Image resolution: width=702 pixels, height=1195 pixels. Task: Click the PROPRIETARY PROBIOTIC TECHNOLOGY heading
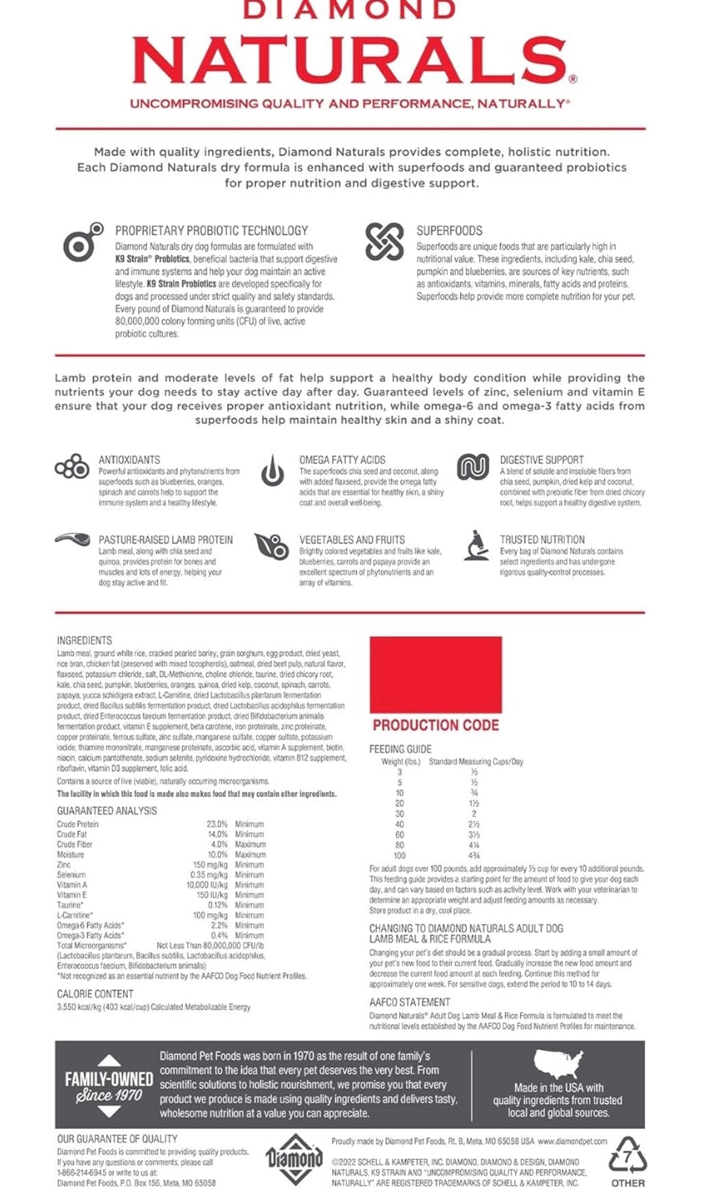[211, 230]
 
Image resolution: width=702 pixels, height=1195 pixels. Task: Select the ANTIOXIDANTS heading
[129, 460]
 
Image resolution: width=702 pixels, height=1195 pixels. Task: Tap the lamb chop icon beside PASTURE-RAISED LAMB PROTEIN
[72, 539]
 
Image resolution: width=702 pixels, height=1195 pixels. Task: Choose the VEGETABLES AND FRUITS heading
[351, 539]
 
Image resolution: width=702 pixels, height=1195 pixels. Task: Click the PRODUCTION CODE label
[436, 725]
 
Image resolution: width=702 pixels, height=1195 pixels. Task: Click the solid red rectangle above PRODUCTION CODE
[436, 674]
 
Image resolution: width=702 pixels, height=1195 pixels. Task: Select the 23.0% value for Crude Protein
[217, 824]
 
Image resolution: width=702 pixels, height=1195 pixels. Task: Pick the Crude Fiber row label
[74, 844]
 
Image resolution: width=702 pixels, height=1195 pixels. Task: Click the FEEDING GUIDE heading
[400, 749]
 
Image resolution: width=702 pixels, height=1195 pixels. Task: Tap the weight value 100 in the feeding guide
[399, 855]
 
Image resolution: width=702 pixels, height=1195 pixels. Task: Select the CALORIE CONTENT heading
[95, 994]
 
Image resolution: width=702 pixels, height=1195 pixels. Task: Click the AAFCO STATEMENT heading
[409, 1002]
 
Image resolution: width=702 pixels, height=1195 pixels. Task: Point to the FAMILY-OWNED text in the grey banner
[109, 1080]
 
